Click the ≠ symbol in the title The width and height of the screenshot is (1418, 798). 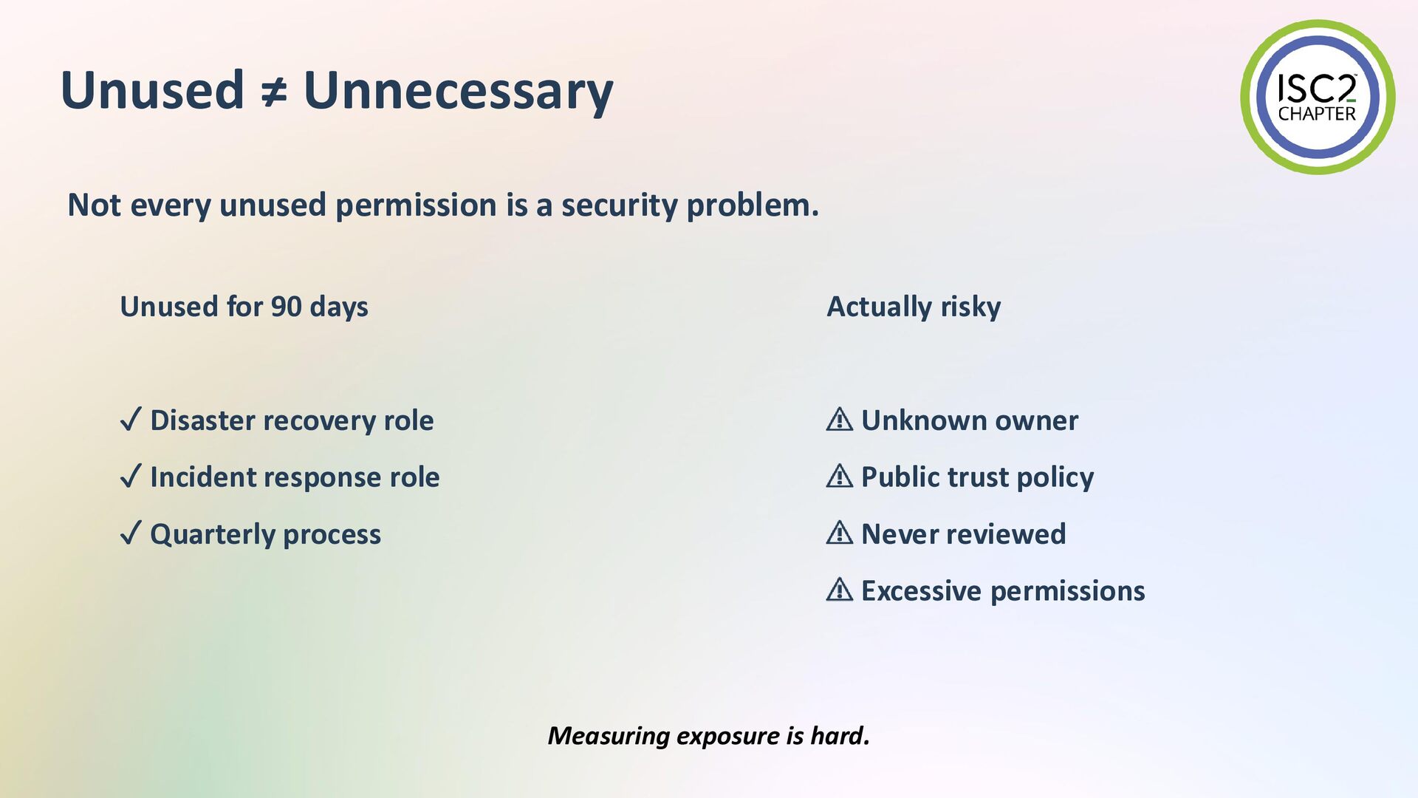point(274,92)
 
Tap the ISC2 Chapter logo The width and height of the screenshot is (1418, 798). point(1318,98)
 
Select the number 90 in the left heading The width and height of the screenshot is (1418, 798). point(287,307)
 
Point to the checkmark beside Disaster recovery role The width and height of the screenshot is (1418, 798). point(130,420)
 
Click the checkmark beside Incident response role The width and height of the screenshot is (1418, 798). point(130,477)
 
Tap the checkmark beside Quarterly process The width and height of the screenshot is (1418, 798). point(130,533)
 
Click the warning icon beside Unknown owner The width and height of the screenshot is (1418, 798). point(840,419)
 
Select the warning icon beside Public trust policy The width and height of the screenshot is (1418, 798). point(840,476)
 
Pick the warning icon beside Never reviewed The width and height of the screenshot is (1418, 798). point(840,533)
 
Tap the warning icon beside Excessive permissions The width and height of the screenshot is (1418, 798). point(840,590)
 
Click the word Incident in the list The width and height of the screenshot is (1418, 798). point(201,477)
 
